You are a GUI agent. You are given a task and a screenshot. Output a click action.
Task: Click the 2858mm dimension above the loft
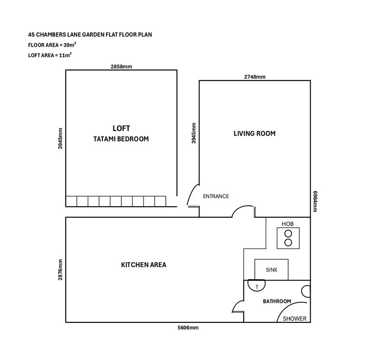pyautogui.click(x=121, y=67)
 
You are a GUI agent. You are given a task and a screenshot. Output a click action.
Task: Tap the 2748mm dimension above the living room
pyautogui.click(x=255, y=77)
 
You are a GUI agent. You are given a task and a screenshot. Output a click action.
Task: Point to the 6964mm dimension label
pyautogui.click(x=315, y=201)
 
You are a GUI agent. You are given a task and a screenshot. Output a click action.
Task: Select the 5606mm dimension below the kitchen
pyautogui.click(x=188, y=328)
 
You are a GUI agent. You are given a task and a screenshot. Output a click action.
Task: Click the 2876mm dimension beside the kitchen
pyautogui.click(x=60, y=270)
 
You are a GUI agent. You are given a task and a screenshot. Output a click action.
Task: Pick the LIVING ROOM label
pyautogui.click(x=255, y=133)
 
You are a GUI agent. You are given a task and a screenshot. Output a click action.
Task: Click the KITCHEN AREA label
pyautogui.click(x=144, y=265)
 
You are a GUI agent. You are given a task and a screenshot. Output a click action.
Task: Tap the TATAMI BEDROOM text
pyautogui.click(x=121, y=139)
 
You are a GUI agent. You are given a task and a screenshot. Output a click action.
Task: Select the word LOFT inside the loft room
pyautogui.click(x=121, y=128)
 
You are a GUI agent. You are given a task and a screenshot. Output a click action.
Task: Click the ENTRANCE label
pyautogui.click(x=216, y=196)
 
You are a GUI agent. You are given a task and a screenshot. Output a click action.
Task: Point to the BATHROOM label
pyautogui.click(x=277, y=301)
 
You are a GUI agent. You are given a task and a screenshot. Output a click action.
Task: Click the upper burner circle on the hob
pyautogui.click(x=288, y=234)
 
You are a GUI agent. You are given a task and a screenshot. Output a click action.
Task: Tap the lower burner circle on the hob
pyautogui.click(x=288, y=242)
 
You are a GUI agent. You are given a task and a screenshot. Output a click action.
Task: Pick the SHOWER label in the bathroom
pyautogui.click(x=294, y=319)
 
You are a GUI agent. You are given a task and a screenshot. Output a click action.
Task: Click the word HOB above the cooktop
pyautogui.click(x=288, y=224)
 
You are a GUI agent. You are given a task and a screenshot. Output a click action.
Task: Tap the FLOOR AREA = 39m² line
pyautogui.click(x=52, y=45)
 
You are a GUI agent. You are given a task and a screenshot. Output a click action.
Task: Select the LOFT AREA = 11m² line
pyautogui.click(x=50, y=55)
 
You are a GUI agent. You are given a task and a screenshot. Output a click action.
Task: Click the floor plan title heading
pyautogui.click(x=90, y=34)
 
